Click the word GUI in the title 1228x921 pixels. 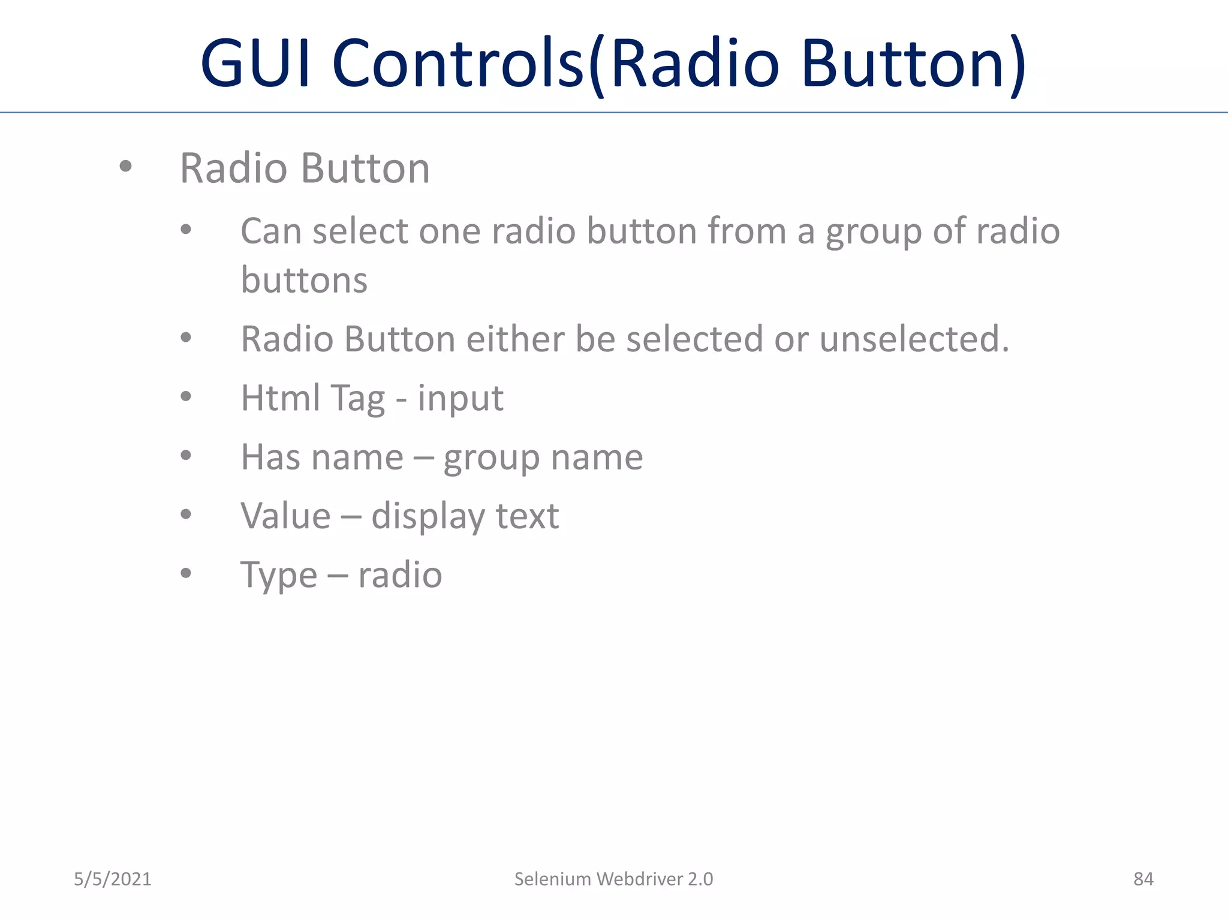pyautogui.click(x=255, y=63)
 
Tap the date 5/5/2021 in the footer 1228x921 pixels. pyautogui.click(x=113, y=879)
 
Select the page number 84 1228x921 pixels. pyautogui.click(x=1143, y=879)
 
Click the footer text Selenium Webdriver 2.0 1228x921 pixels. pyautogui.click(x=613, y=879)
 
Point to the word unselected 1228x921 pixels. pyautogui.click(x=914, y=339)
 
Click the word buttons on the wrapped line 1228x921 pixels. pyautogui.click(x=304, y=280)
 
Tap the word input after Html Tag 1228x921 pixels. pyautogui.click(x=460, y=399)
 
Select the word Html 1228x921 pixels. pyautogui.click(x=280, y=398)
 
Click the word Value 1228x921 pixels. pyautogui.click(x=285, y=516)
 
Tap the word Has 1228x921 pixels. pyautogui.click(x=270, y=457)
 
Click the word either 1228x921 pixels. pyautogui.click(x=514, y=339)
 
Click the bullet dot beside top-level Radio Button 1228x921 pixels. pyautogui.click(x=125, y=167)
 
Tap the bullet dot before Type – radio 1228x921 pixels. pyautogui.click(x=186, y=573)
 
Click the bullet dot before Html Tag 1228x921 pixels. pyautogui.click(x=186, y=396)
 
